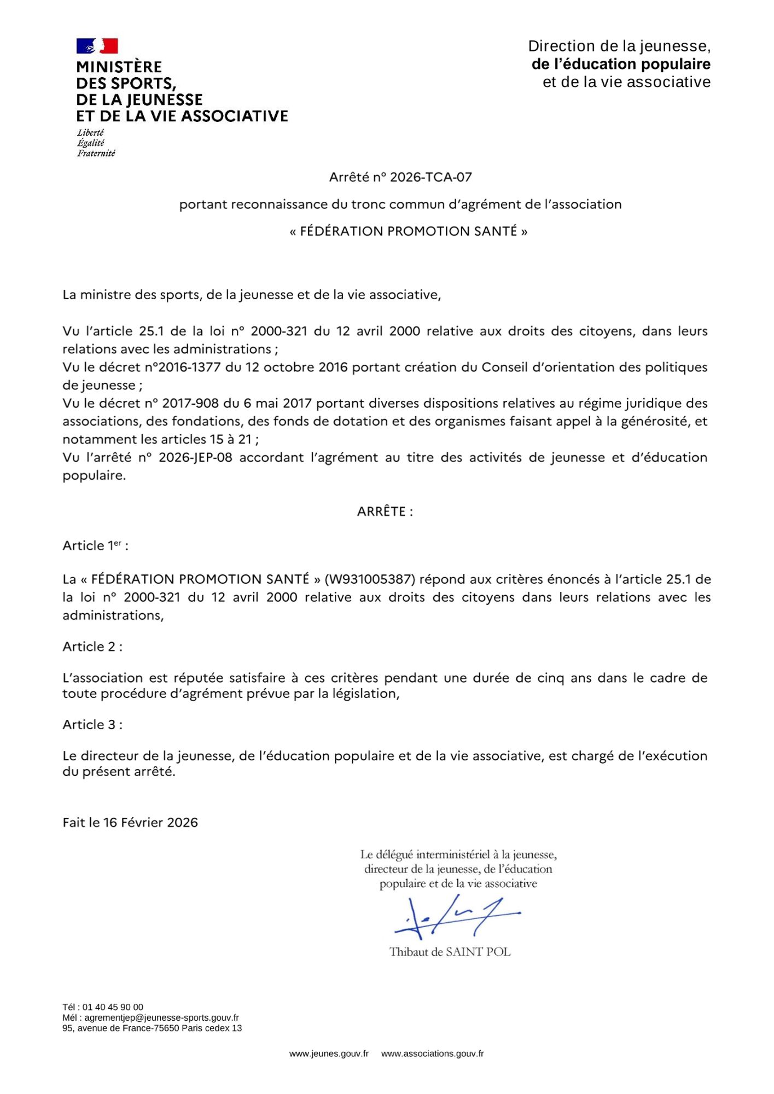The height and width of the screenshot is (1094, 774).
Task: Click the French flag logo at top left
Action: (x=97, y=46)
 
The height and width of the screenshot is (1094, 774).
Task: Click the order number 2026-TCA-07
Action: (x=430, y=177)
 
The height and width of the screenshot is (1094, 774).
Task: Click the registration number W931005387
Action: (x=370, y=579)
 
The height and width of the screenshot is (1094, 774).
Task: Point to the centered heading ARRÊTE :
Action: (x=385, y=511)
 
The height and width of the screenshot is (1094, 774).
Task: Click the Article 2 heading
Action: (x=92, y=647)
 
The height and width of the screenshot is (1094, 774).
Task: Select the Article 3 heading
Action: (x=92, y=725)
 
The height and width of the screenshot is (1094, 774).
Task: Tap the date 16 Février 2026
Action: (x=150, y=823)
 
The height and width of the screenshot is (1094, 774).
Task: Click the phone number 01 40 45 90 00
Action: (x=112, y=1007)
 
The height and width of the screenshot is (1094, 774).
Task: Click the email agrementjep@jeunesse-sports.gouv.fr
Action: (x=161, y=1017)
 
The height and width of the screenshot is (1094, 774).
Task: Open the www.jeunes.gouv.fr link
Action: (x=329, y=1054)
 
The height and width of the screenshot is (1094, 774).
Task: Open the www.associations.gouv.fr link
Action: (x=432, y=1054)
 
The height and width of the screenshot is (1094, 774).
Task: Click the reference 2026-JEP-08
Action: (x=195, y=457)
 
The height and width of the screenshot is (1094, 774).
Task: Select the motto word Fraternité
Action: (x=96, y=154)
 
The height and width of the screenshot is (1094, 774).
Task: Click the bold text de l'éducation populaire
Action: (x=621, y=65)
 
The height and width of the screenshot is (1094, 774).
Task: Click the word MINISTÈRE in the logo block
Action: (x=119, y=67)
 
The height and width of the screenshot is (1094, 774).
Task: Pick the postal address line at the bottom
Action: (x=152, y=1028)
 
